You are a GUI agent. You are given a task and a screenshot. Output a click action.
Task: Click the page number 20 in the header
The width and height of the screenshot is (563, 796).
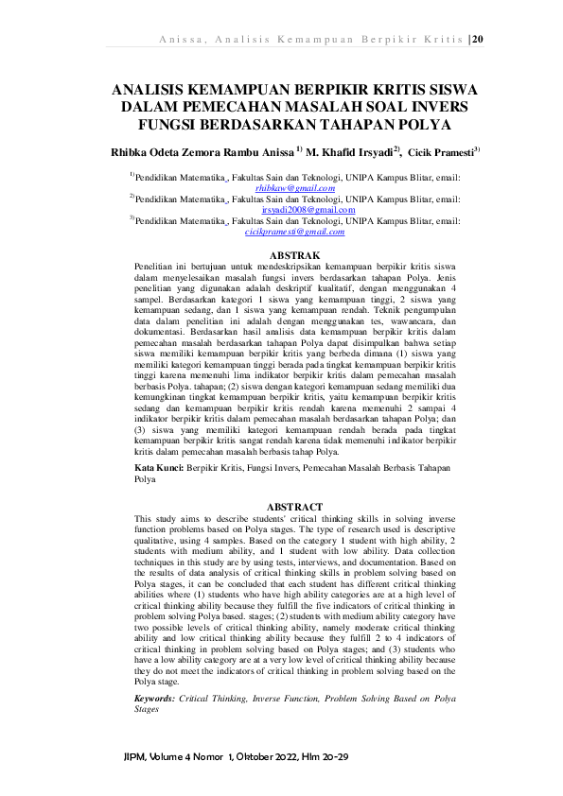click(x=477, y=39)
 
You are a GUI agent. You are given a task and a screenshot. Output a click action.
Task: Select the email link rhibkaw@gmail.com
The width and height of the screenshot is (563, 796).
click(x=283, y=189)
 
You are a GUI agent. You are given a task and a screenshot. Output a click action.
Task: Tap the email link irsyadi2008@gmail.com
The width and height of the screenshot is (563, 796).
click(x=283, y=210)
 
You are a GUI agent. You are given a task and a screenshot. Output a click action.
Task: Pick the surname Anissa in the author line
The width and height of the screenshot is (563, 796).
click(x=271, y=151)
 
